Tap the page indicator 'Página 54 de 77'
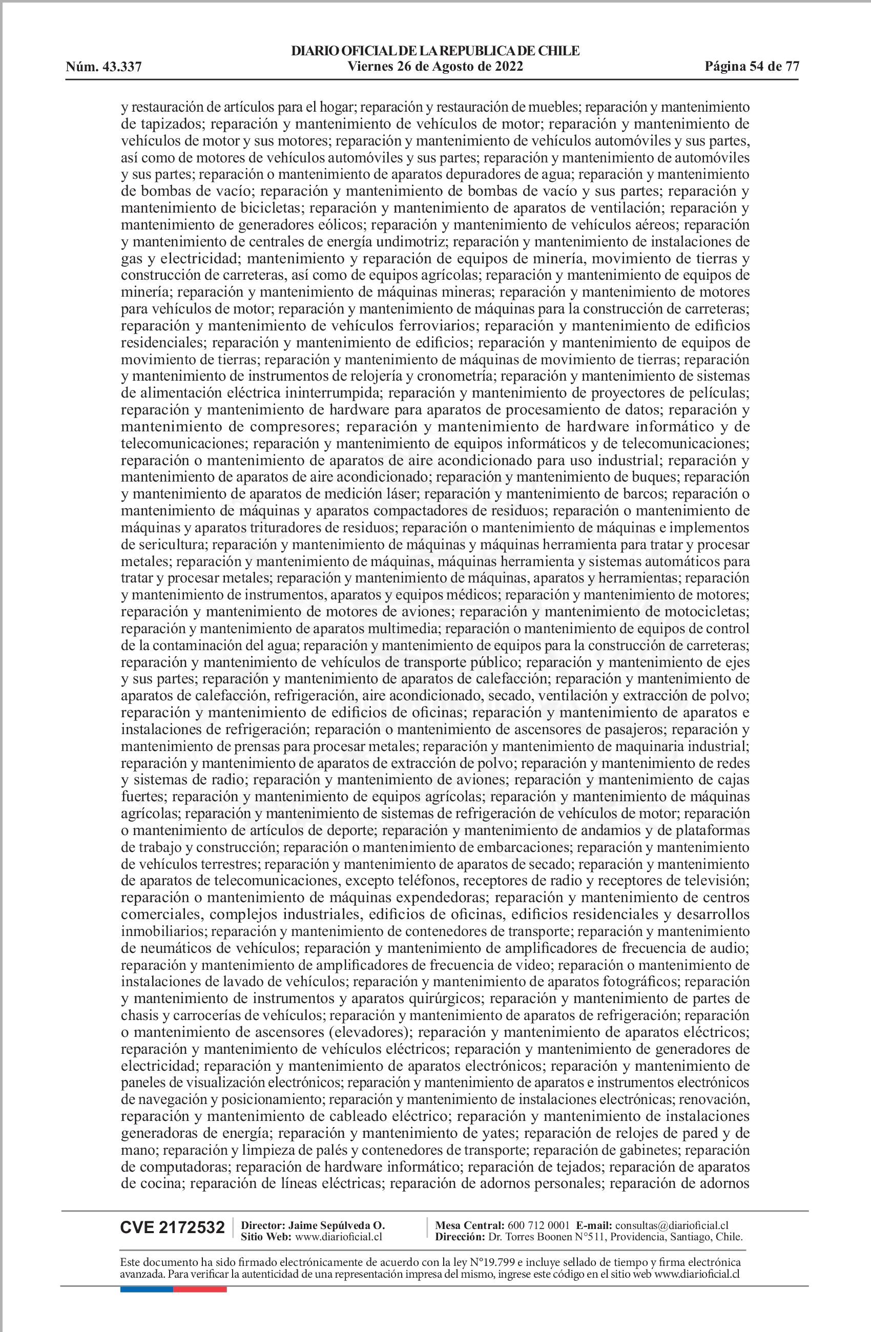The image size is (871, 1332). (752, 67)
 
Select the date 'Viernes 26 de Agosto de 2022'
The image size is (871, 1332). (435, 67)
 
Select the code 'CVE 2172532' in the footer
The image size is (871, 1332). (173, 1227)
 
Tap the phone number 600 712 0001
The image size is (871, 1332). (538, 1223)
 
